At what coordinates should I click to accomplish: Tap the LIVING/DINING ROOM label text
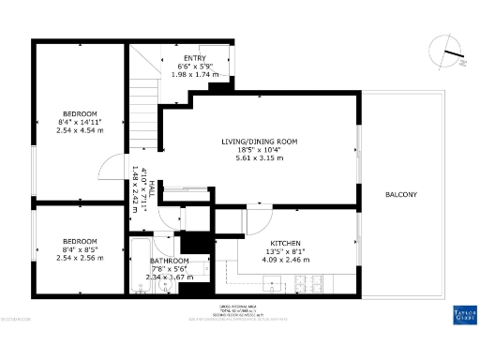(x=260, y=142)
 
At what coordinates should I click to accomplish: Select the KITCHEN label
(x=285, y=243)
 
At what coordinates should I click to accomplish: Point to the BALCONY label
(x=401, y=195)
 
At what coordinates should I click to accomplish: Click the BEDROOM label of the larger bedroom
(x=80, y=113)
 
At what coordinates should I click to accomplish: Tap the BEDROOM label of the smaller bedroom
(x=80, y=242)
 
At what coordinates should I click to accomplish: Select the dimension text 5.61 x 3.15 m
(x=260, y=158)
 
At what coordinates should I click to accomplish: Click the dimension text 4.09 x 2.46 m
(x=285, y=260)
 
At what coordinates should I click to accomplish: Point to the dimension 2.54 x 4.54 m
(x=80, y=130)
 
